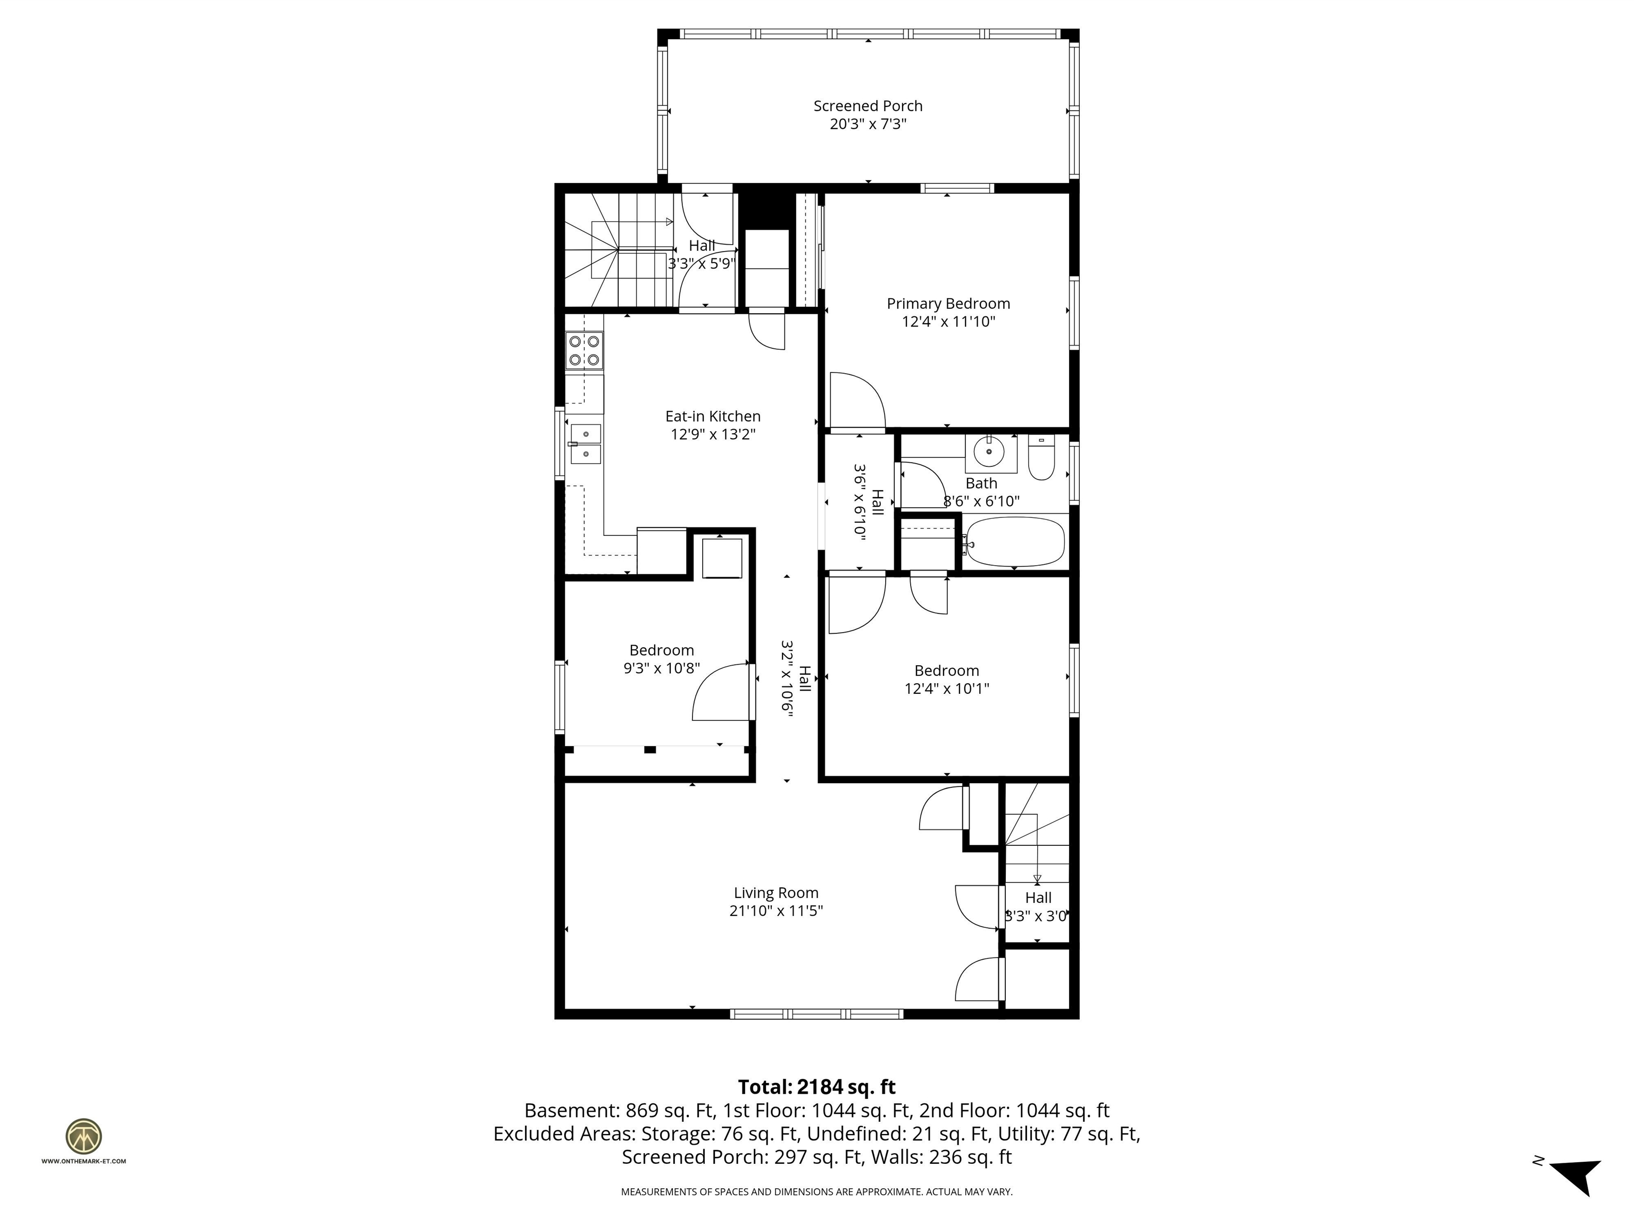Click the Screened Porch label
tap(868, 106)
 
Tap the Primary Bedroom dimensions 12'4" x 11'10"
tap(948, 322)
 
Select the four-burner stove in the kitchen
tap(583, 351)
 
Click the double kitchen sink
tap(586, 444)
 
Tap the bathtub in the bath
tap(1015, 542)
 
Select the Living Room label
tap(776, 893)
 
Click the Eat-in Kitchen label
tap(713, 416)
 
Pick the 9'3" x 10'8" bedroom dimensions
tap(661, 669)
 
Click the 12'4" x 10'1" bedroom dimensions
tap(946, 689)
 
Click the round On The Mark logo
tap(84, 1136)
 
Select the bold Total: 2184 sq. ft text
tap(816, 1087)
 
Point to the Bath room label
tap(981, 484)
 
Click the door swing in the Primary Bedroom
tap(857, 402)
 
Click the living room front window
tap(816, 1014)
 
